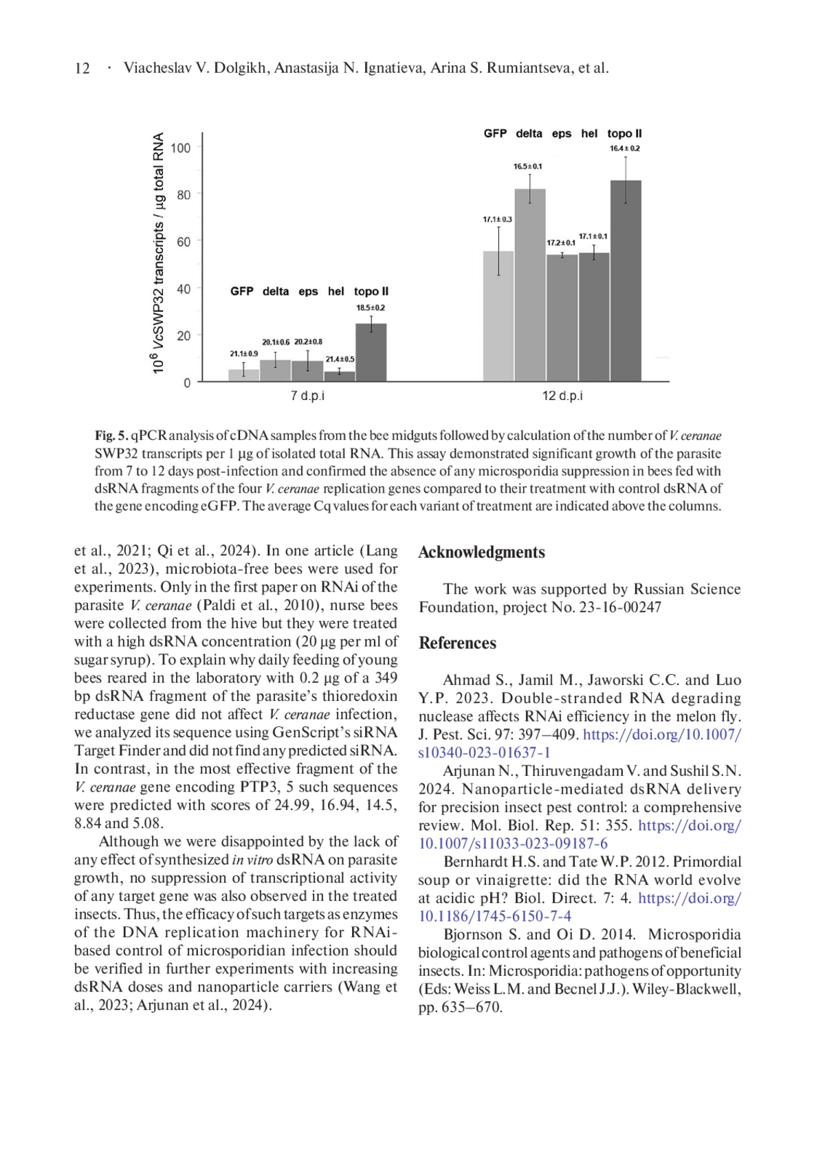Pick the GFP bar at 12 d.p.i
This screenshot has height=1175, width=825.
[x=498, y=315]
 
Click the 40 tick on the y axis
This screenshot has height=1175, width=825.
[x=184, y=289]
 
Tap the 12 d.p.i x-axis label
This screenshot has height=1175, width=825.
[x=562, y=396]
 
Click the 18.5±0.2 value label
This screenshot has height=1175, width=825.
[x=371, y=308]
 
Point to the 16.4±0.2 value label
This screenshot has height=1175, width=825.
[x=625, y=148]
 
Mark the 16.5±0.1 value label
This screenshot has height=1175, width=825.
[x=528, y=166]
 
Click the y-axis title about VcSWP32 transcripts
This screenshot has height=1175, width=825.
[x=159, y=253]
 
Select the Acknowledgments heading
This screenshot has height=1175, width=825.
[x=481, y=552]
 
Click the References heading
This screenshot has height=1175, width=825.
[x=457, y=643]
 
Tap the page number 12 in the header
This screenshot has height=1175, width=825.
[x=82, y=68]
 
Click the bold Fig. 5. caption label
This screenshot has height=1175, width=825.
[x=111, y=436]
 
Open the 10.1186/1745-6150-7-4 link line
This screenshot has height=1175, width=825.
[x=495, y=916]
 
